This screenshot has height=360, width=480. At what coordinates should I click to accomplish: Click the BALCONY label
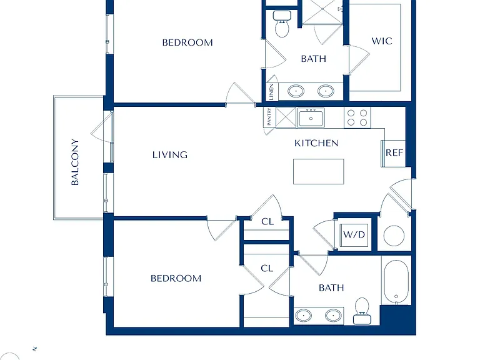(75, 162)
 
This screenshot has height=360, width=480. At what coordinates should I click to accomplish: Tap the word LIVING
(170, 155)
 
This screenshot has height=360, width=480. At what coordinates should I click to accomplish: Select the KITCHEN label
(316, 143)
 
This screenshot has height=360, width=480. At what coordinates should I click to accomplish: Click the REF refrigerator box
(393, 154)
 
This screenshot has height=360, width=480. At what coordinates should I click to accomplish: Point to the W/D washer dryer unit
(354, 235)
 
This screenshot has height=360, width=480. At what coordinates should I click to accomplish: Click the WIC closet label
(382, 41)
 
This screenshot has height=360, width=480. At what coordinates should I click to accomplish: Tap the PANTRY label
(269, 117)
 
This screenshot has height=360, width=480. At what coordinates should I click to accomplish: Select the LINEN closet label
(271, 92)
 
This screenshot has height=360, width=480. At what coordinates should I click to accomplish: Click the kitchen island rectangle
(318, 171)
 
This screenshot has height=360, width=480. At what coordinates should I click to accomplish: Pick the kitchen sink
(311, 117)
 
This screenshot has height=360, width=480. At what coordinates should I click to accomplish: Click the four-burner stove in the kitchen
(357, 117)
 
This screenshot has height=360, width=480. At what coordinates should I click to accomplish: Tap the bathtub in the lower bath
(396, 282)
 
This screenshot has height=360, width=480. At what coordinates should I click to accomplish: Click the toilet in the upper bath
(282, 24)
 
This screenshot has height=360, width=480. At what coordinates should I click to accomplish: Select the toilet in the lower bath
(362, 311)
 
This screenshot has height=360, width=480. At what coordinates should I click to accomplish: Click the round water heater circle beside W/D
(394, 236)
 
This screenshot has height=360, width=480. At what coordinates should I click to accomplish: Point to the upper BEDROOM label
(187, 42)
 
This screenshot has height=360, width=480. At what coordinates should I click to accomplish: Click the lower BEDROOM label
(176, 278)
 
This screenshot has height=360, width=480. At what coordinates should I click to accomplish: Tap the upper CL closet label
(267, 222)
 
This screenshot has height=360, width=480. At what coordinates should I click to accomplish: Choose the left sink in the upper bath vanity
(296, 91)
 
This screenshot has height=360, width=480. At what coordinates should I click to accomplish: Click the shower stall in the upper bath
(322, 12)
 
